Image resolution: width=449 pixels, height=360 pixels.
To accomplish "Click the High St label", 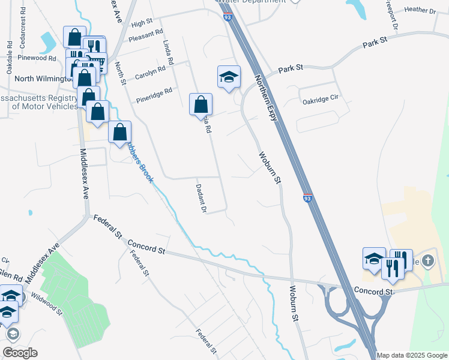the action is [142, 23].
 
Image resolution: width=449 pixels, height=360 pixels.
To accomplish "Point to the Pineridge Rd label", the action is [154, 95].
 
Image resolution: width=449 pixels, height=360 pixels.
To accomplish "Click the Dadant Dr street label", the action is [201, 199].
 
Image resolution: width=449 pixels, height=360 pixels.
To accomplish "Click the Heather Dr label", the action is [420, 10].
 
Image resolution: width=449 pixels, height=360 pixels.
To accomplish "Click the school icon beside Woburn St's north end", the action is [229, 77].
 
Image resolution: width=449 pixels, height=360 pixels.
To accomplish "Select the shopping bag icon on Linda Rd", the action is [200, 103].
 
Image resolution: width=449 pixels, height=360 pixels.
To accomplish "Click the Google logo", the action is [20, 353].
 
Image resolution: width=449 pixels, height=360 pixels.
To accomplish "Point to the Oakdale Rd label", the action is [10, 57].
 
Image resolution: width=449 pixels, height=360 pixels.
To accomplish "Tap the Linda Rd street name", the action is [167, 53].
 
